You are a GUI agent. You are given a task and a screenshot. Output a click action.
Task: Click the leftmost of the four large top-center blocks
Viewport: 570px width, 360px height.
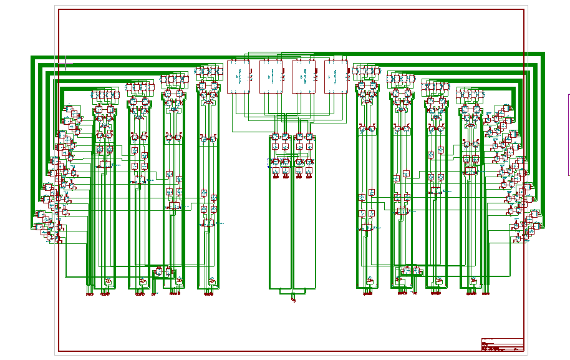click(238, 77)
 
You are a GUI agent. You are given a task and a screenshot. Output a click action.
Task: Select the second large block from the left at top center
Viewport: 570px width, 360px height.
click(271, 77)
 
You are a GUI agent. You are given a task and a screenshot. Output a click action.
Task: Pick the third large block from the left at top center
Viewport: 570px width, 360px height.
click(303, 77)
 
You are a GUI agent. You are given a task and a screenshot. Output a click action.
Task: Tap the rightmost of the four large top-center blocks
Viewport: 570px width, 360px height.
click(336, 77)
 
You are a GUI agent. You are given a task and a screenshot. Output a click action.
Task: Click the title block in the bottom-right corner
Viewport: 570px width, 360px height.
click(502, 345)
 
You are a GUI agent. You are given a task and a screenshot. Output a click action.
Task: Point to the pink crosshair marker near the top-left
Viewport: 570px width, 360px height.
click(65, 61)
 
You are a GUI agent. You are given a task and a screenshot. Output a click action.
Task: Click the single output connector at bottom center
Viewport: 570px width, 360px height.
click(293, 299)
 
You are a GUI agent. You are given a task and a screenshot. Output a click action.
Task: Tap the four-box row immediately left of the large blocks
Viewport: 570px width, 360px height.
click(208, 71)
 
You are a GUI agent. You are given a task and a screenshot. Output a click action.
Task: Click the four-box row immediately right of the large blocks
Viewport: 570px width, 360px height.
click(367, 71)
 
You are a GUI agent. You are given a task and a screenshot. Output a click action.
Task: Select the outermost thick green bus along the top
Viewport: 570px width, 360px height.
click(287, 55)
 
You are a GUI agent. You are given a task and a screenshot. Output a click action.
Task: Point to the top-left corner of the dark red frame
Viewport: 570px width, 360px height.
click(59, 10)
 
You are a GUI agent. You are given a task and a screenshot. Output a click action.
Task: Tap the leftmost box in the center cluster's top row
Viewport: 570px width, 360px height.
click(275, 137)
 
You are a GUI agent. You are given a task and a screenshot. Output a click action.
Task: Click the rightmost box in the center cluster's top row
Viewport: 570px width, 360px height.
click(309, 137)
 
